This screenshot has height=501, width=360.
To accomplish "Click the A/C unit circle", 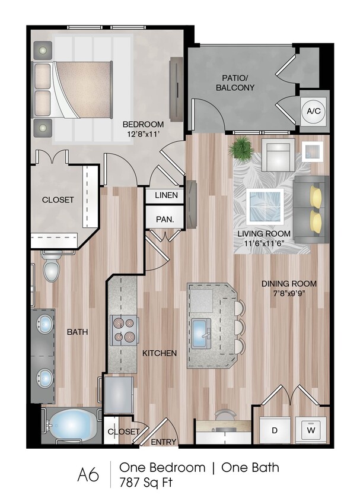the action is point(313,110).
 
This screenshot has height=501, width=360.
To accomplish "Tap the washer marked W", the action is point(311,430).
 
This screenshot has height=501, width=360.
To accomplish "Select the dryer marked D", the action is point(275,430).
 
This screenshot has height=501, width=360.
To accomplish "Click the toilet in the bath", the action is point(52,266).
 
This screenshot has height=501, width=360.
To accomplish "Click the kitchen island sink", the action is point(201,334).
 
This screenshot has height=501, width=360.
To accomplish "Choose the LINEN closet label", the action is point(166,195).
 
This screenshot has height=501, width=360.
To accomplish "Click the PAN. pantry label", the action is point(165,220).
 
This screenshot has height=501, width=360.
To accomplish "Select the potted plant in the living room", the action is point(241,147).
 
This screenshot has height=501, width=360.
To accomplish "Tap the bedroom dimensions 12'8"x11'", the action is point(144,134).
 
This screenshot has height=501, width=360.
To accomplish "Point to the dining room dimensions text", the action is point(289,293).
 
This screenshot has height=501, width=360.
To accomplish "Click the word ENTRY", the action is point(164,442).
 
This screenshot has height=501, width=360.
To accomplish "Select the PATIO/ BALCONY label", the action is point(235,83).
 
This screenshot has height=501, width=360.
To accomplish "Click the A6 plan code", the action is point(88,475).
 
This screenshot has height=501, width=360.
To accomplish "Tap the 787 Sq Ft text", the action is point(146,482).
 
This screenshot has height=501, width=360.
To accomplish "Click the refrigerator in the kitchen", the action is point(119,395).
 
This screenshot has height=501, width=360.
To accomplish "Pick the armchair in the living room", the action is point(278,155).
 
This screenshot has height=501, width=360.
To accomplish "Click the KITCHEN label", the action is point(160,353).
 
